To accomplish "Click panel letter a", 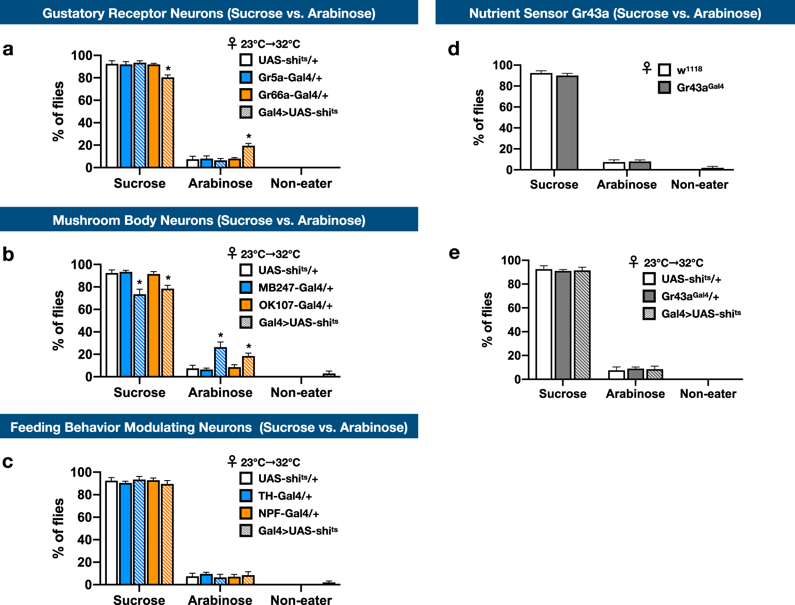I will click(8, 49).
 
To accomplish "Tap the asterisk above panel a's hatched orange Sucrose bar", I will click(168, 69).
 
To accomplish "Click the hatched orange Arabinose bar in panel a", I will click(248, 157).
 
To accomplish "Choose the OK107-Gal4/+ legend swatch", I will click(246, 305).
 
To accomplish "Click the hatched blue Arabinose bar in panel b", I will click(220, 362).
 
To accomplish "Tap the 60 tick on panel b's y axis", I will click(85, 309).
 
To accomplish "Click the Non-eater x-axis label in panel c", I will click(301, 600).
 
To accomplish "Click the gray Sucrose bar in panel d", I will click(567, 123).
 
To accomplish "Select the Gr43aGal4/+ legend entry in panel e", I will click(690, 297).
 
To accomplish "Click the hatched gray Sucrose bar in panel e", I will click(582, 325).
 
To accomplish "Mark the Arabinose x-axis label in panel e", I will click(635, 394).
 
